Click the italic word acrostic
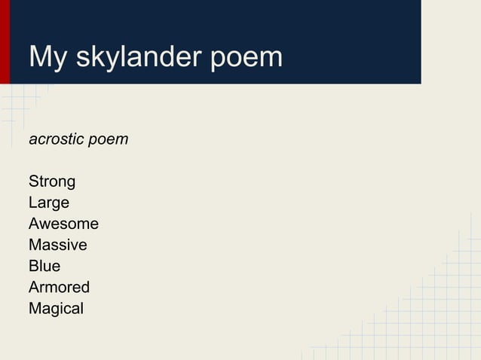[x=56, y=140]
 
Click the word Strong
[x=52, y=182]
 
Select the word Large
[x=49, y=203]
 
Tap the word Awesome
[x=63, y=224]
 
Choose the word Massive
[x=57, y=245]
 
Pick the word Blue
[x=44, y=266]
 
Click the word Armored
[x=59, y=287]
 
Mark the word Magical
[x=56, y=309]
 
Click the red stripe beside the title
[x=5, y=41]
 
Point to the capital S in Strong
[x=33, y=182]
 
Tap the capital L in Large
[x=32, y=203]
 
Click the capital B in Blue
[x=33, y=266]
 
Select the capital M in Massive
[x=35, y=245]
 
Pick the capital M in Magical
[x=35, y=308]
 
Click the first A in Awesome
[x=34, y=224]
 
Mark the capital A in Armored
[x=34, y=287]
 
